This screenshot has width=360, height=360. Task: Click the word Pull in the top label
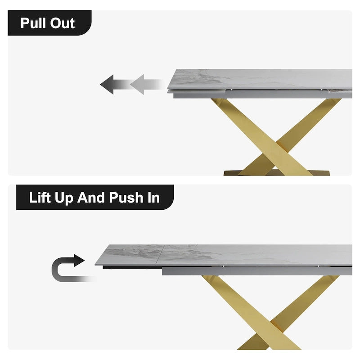pos(33,23)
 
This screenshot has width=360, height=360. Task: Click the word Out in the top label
pos(63,23)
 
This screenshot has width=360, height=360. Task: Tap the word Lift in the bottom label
pos(40,198)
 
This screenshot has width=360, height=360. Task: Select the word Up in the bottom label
pos(64,198)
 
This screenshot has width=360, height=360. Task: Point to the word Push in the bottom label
pos(126,198)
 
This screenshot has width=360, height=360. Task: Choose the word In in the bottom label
pos(153,198)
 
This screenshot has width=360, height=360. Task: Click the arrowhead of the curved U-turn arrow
pos(79,261)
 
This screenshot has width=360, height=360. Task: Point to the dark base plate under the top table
pos(277,172)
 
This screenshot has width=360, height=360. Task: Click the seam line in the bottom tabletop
pos(160,255)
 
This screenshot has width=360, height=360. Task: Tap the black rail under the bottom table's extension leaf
pos(132,267)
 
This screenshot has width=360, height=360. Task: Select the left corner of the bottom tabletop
pos(95,265)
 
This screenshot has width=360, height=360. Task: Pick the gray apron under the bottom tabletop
pos(257,271)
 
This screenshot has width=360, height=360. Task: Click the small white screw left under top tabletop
pos(231,90)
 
